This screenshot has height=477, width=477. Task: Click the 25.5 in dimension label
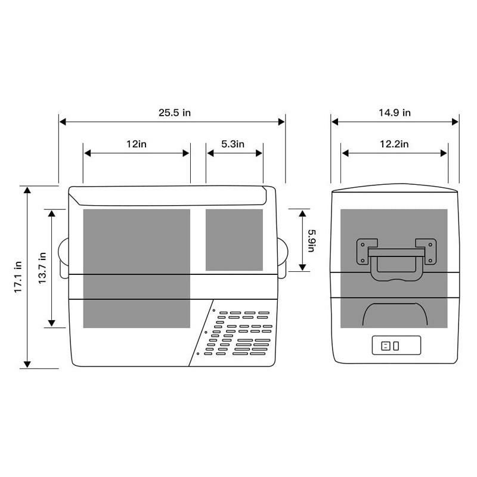coord(175,113)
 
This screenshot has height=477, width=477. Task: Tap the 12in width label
coord(137,144)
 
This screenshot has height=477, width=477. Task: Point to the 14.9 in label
coord(395,113)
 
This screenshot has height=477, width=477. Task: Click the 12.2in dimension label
coord(394,144)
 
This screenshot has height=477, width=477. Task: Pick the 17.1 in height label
coord(18,277)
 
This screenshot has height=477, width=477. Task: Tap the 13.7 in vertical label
coord(42,268)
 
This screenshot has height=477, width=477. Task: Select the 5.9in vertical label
coord(311,240)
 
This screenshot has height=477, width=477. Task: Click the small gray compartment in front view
coord(234,239)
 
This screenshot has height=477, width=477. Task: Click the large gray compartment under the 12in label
coord(136,268)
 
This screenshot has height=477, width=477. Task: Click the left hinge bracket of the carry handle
coord(366,251)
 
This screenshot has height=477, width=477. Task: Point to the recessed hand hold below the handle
coord(394,314)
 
